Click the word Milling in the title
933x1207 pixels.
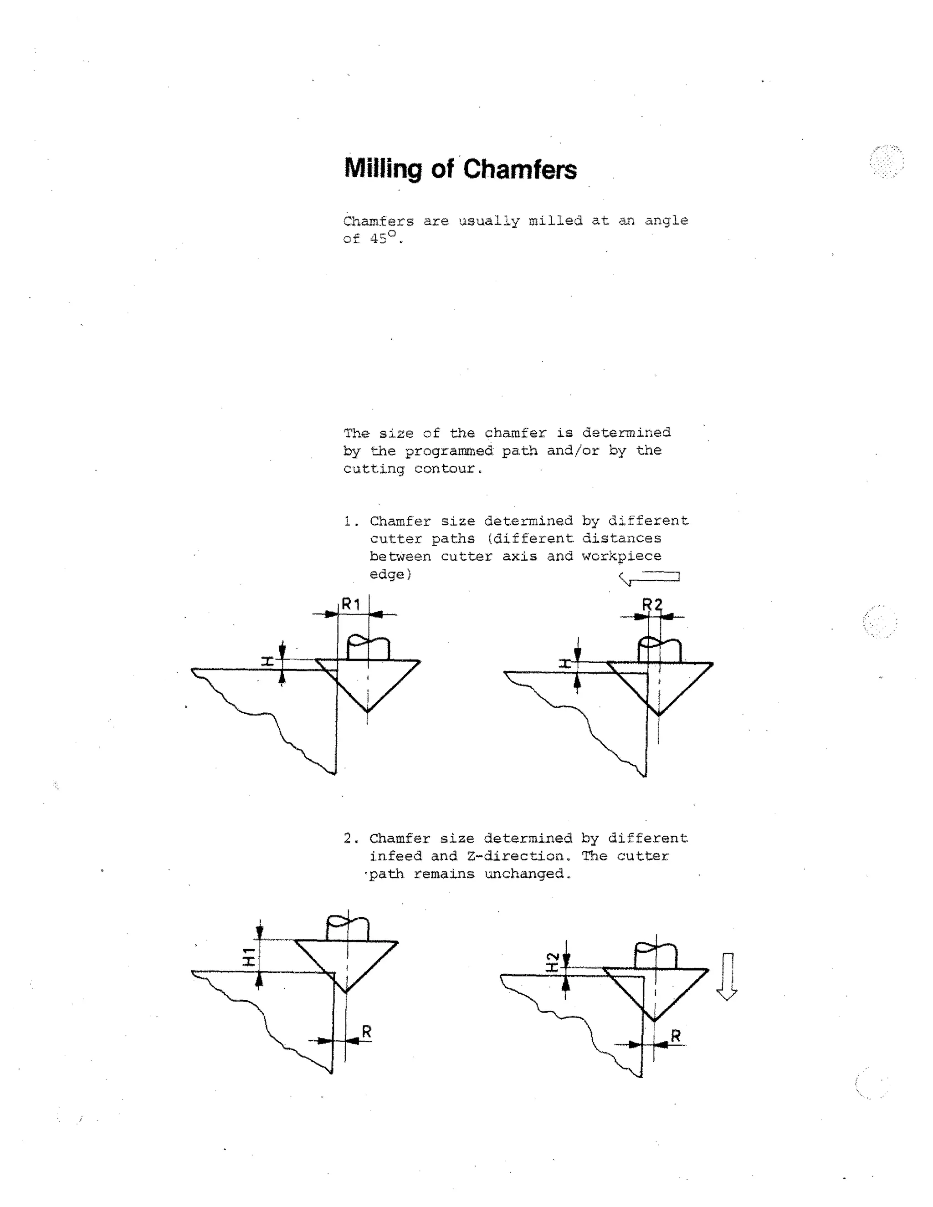point(383,169)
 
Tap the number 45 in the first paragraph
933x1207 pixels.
point(378,239)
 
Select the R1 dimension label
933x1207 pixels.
point(351,604)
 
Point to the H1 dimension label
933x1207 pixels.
point(249,956)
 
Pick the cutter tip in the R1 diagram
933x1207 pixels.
point(368,711)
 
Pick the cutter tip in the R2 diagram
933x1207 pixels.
point(658,715)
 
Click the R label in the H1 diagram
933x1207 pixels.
point(366,1031)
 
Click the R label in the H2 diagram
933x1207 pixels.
point(676,1036)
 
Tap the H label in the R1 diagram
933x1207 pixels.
point(267,661)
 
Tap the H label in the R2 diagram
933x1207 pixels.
point(564,663)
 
